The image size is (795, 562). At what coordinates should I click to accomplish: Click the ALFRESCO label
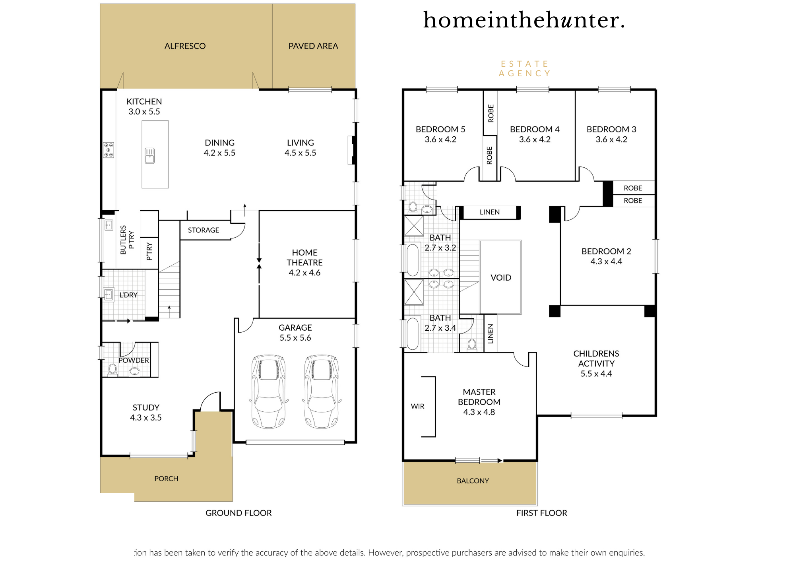point(185,46)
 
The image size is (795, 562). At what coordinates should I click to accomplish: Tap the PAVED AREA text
point(313,46)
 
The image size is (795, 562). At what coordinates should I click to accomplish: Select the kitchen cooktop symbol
point(109,150)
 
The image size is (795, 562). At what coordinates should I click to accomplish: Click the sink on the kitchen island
point(149,156)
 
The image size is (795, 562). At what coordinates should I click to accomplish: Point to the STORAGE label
point(204,230)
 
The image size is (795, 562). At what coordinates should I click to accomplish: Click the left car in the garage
point(269,391)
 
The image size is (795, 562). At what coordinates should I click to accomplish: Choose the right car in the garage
point(322,391)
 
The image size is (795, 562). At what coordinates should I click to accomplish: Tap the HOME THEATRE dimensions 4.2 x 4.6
point(304,273)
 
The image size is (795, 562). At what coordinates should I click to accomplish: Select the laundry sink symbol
point(109,295)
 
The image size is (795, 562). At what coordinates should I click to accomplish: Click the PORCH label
point(166,479)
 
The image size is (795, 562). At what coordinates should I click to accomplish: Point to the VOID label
point(501,277)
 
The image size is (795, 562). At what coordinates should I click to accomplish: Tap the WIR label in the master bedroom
point(417,406)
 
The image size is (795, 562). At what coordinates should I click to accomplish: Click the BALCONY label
point(473,481)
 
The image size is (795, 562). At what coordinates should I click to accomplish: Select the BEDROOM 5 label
point(440,129)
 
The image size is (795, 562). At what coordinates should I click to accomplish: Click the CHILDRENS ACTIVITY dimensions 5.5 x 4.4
point(596,374)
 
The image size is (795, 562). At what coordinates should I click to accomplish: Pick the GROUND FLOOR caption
point(238,513)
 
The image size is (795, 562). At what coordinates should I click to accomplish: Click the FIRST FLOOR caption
point(542,513)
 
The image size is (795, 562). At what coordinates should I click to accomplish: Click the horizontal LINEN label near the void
point(490,212)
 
